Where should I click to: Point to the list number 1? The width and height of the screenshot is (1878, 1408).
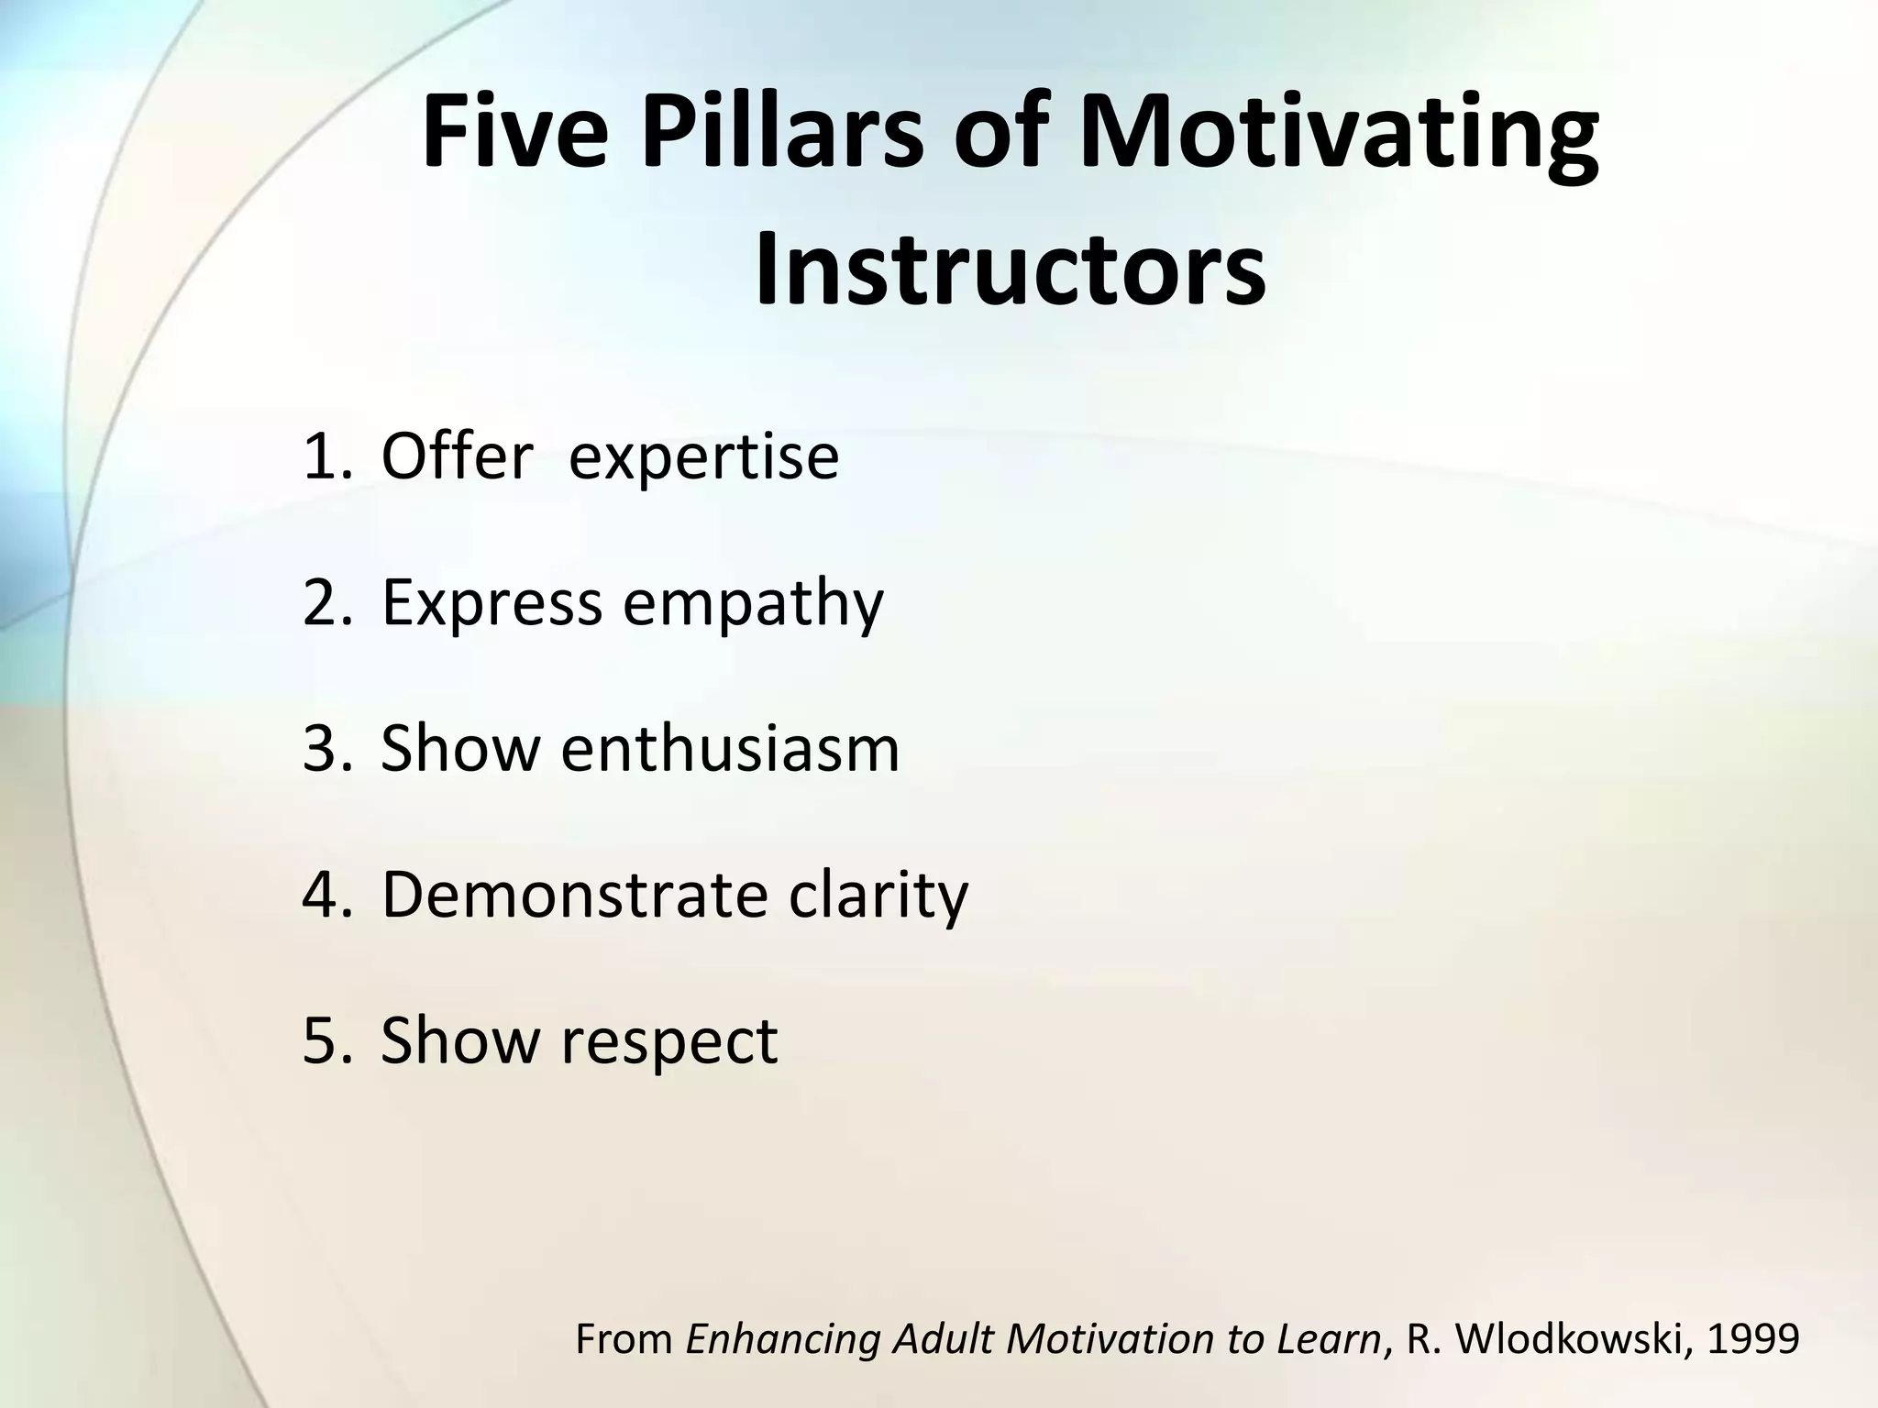click(323, 456)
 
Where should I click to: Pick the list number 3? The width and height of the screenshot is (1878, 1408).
click(323, 748)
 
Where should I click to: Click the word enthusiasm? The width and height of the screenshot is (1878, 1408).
click(730, 748)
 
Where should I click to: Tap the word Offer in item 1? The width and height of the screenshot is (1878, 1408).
click(457, 456)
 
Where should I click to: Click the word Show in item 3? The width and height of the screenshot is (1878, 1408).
click(460, 748)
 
